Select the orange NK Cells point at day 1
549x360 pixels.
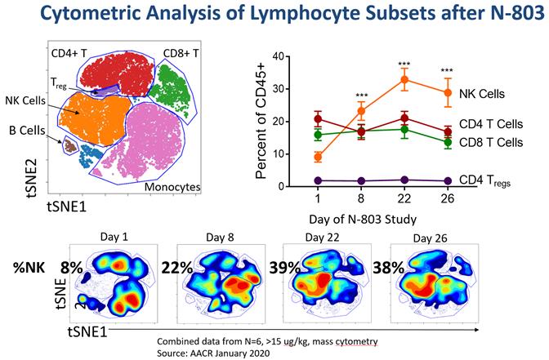coord(318,157)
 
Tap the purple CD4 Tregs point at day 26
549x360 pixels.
coord(446,181)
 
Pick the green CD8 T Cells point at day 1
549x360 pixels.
coord(318,135)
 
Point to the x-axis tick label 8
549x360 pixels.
coord(361,198)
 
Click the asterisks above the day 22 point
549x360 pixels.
coord(403,64)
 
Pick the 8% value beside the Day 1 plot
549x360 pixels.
coord(73,266)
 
